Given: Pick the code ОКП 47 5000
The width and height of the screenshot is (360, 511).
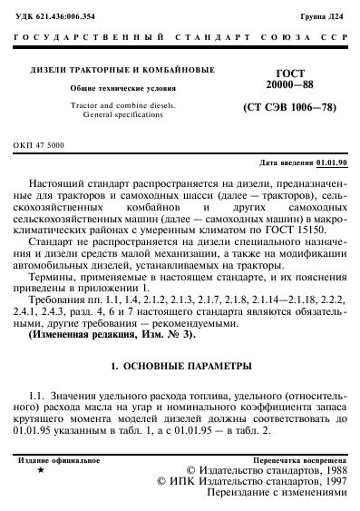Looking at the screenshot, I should click(40, 145).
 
